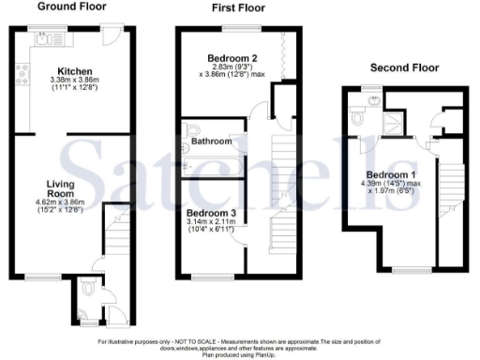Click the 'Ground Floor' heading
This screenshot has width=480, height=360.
(x=71, y=7)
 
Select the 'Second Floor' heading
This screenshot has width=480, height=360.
(x=403, y=67)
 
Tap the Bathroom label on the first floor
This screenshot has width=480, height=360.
(x=211, y=142)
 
